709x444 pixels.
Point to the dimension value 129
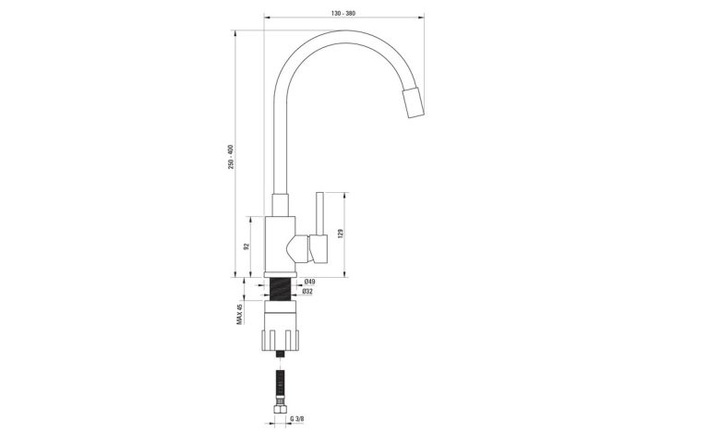pos(342,234)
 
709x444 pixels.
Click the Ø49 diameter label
pos(310,282)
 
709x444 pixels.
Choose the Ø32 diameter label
pos(309,292)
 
